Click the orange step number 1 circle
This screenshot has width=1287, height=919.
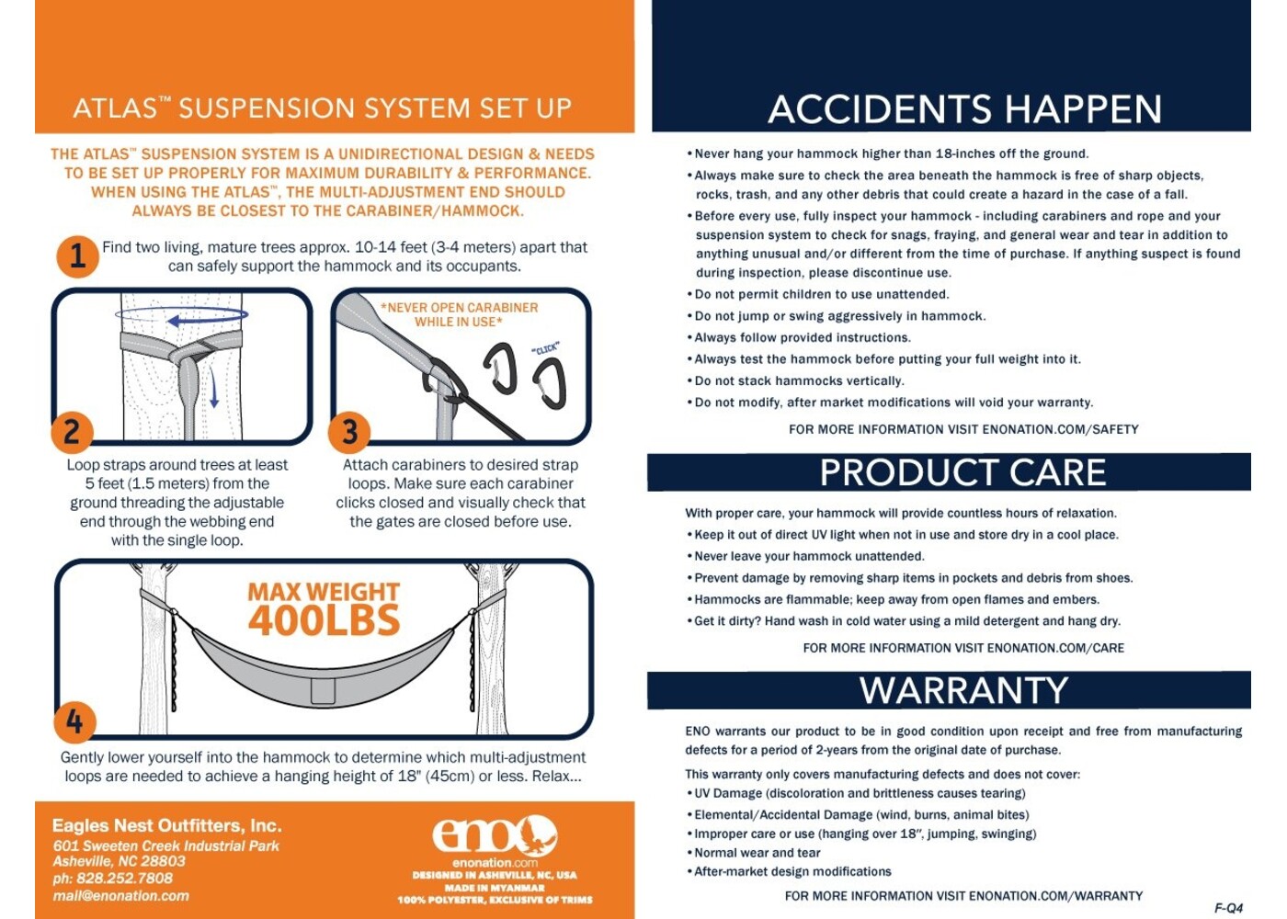[x=77, y=256]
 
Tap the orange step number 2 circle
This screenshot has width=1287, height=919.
[x=72, y=433]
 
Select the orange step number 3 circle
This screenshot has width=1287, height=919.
[x=349, y=433]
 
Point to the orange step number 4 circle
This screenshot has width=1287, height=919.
[x=74, y=722]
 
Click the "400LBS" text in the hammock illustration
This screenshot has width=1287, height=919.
[x=324, y=621]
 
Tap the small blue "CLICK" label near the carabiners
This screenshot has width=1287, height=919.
[x=545, y=348]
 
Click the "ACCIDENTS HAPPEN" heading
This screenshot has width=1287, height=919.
[x=964, y=109]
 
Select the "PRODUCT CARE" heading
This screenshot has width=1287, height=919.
[x=963, y=472]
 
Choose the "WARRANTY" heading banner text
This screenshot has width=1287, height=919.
[x=963, y=690]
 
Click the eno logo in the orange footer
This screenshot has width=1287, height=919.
[x=495, y=835]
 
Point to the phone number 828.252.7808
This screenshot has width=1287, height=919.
[x=112, y=879]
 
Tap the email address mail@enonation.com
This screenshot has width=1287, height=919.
[x=121, y=896]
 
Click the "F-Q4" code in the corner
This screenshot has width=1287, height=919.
[x=1228, y=908]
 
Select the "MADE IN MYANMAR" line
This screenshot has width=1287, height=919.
[x=495, y=888]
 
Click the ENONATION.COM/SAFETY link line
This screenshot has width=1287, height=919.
[x=963, y=430]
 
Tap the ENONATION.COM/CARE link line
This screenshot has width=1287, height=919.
[x=963, y=648]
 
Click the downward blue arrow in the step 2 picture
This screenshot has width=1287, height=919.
[x=213, y=388]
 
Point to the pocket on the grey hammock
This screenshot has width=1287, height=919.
[x=323, y=691]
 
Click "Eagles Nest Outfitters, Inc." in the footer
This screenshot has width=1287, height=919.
[x=167, y=826]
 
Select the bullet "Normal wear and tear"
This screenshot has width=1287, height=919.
[x=754, y=853]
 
